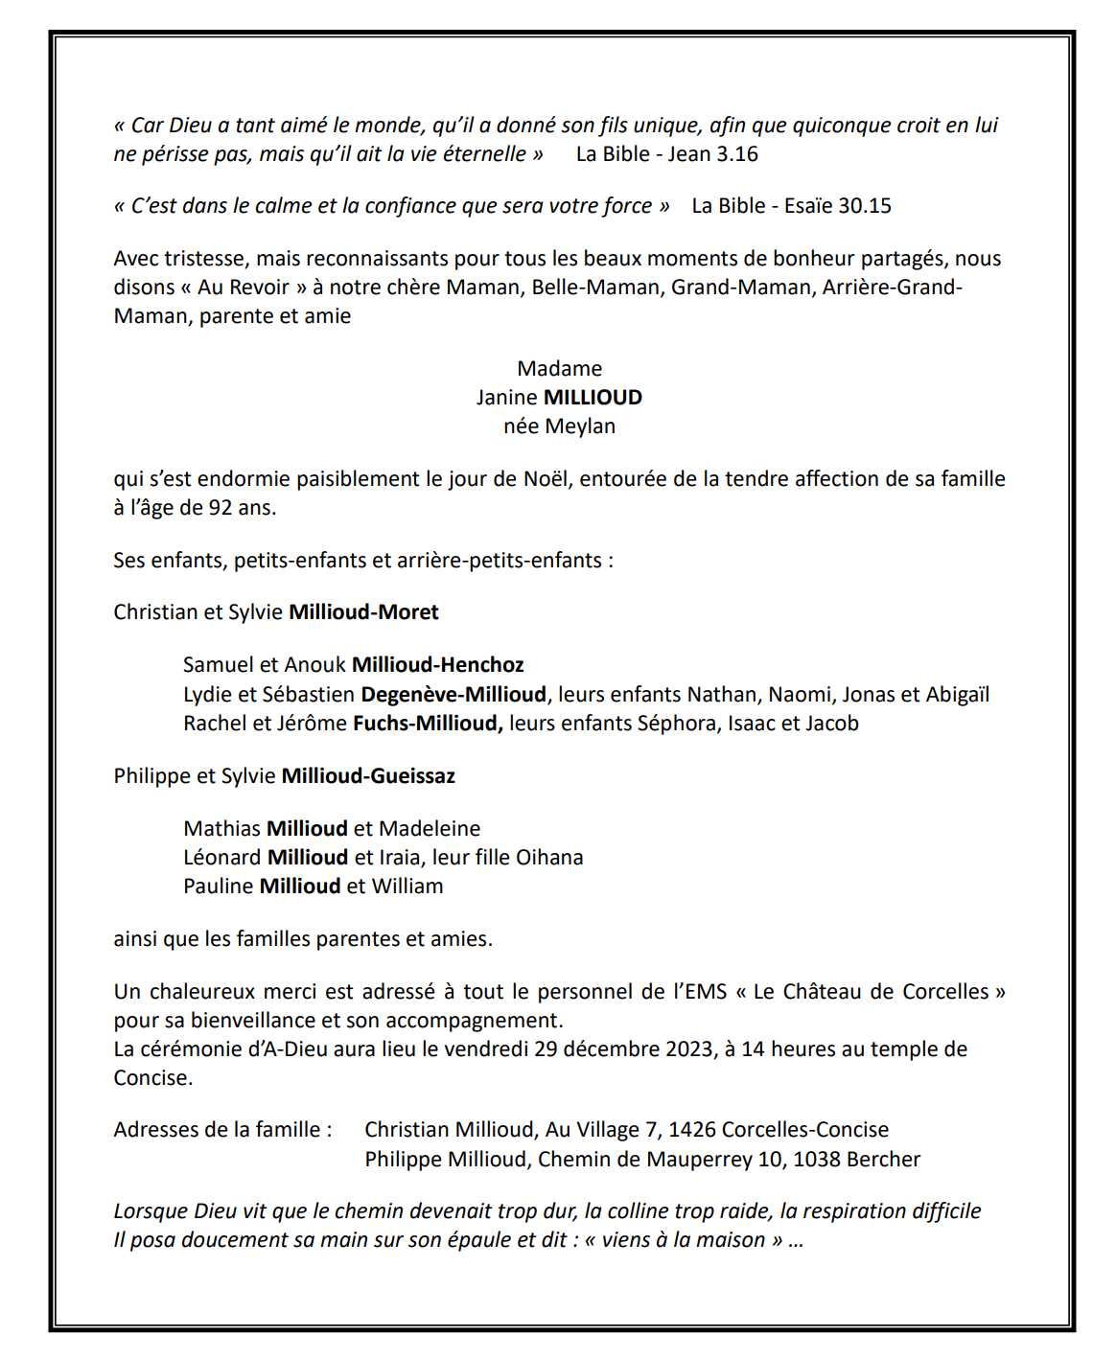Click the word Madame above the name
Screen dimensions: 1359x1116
click(559, 369)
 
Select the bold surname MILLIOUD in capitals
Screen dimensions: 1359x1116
click(593, 398)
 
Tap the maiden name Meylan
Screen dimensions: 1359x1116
click(580, 426)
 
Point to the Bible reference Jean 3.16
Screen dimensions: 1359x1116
click(712, 154)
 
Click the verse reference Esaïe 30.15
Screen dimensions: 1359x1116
click(838, 206)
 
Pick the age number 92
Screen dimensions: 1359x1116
click(221, 508)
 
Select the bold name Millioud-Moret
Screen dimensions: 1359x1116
click(363, 612)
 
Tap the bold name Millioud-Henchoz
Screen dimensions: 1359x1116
click(438, 665)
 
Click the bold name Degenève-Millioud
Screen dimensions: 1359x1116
click(453, 695)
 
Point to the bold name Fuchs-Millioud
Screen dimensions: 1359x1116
click(428, 724)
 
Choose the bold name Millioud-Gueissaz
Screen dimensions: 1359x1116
click(368, 776)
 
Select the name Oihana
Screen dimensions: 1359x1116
click(549, 858)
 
